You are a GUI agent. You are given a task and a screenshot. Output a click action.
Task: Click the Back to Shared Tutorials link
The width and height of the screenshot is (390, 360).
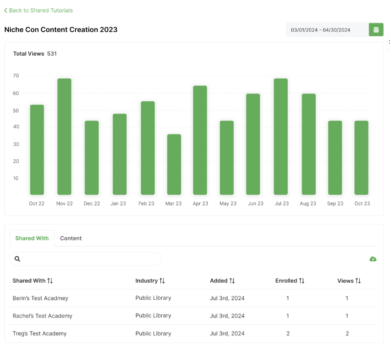39,10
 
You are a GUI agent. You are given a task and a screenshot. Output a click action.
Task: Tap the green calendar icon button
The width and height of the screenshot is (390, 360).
376,30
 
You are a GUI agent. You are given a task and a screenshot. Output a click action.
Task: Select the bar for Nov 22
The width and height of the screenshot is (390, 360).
65,136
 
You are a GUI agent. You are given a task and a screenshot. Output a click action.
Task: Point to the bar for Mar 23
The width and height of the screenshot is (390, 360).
173,164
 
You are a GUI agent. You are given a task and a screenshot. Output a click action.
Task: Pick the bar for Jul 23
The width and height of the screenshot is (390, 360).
281,136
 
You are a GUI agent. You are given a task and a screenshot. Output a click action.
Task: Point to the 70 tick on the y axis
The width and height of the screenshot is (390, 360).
16,76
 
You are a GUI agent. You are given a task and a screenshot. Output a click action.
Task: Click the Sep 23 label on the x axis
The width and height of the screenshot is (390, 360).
335,203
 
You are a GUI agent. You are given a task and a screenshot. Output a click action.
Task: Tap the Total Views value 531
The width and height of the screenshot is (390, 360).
52,54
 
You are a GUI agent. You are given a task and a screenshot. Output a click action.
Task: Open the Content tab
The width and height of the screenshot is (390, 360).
71,238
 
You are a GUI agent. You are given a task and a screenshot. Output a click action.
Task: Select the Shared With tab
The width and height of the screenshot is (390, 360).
32,238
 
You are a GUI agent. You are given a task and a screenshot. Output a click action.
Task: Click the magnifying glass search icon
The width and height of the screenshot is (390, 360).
18,259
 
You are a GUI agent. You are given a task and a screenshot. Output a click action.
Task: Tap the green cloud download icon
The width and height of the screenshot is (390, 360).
373,259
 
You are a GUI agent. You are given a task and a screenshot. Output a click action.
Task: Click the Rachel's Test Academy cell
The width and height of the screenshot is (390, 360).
43,316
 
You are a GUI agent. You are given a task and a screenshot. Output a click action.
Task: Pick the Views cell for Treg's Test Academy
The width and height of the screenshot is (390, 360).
347,334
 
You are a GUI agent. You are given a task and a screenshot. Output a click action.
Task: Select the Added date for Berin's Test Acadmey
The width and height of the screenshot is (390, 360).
227,298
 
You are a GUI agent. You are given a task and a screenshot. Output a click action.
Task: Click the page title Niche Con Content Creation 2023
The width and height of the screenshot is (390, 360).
61,29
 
